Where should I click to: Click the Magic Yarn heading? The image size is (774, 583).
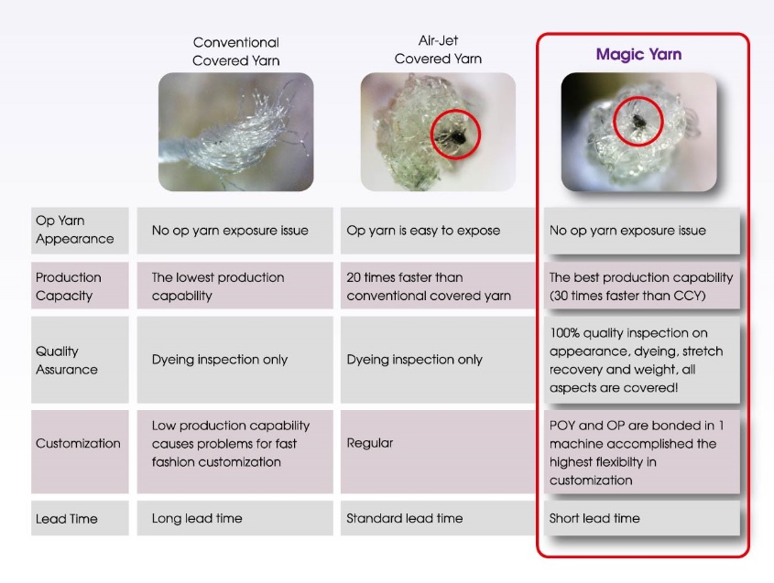pos(638,54)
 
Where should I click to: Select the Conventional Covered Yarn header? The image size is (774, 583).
pos(236,51)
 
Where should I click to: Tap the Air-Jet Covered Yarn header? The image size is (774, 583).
pos(438,49)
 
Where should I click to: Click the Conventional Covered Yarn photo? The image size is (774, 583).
pos(236,132)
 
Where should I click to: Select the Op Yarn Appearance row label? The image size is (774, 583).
pos(80,231)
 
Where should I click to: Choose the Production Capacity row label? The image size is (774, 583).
pos(80,286)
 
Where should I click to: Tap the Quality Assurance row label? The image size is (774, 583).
pos(80,360)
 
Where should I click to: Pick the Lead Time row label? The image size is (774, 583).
pos(80,518)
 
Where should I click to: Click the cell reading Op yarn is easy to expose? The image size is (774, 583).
pos(438,231)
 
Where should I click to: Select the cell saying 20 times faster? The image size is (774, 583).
pos(438,286)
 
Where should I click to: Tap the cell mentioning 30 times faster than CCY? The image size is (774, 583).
pos(642,286)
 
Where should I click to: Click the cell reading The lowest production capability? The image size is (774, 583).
pos(235,286)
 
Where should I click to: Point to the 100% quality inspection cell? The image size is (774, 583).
pos(642,360)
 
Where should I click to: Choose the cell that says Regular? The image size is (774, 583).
pos(438,452)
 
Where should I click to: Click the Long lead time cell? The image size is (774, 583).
pos(235,518)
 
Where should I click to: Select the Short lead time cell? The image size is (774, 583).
pos(642,518)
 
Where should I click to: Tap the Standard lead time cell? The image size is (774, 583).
pos(438,518)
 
